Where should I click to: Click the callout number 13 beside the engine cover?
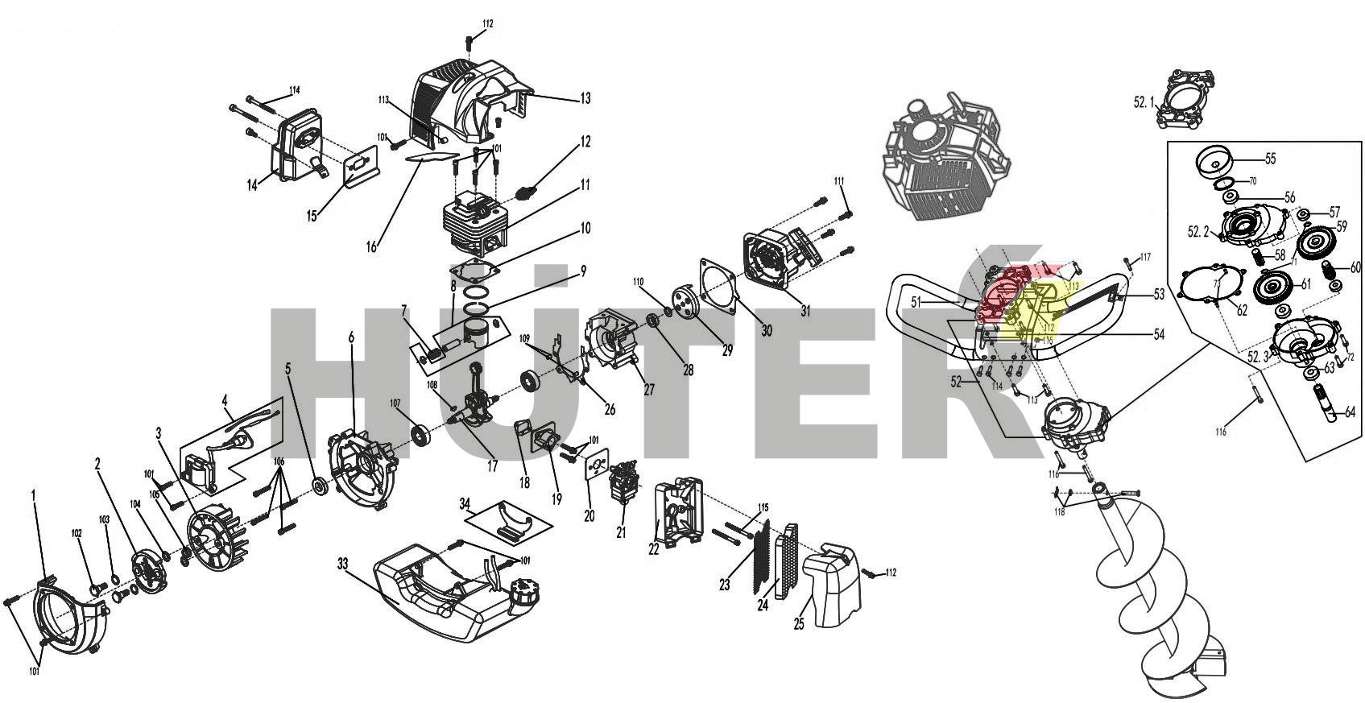(x=585, y=98)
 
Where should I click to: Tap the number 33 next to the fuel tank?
(x=343, y=564)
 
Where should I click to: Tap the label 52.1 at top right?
(x=1144, y=103)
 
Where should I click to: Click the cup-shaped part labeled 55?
(x=1213, y=160)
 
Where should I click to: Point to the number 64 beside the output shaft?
(x=1351, y=412)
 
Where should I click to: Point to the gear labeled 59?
(x=1312, y=242)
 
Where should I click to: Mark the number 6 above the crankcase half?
(x=351, y=338)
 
